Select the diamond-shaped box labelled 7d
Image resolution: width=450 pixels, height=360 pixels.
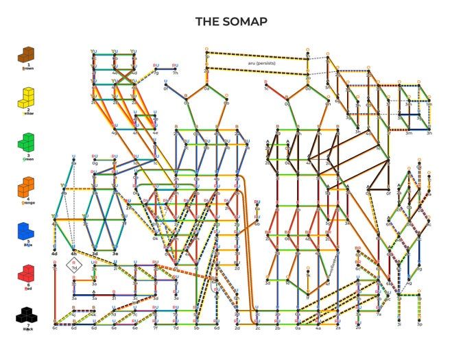coord(74,265)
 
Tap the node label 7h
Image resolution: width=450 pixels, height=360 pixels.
coord(176,73)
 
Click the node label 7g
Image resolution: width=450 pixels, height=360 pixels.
coord(156,73)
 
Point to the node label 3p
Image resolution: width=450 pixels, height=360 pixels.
coord(419,324)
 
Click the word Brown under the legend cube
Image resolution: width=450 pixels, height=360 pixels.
coord(27,69)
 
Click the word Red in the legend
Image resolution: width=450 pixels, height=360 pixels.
coord(27,289)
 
